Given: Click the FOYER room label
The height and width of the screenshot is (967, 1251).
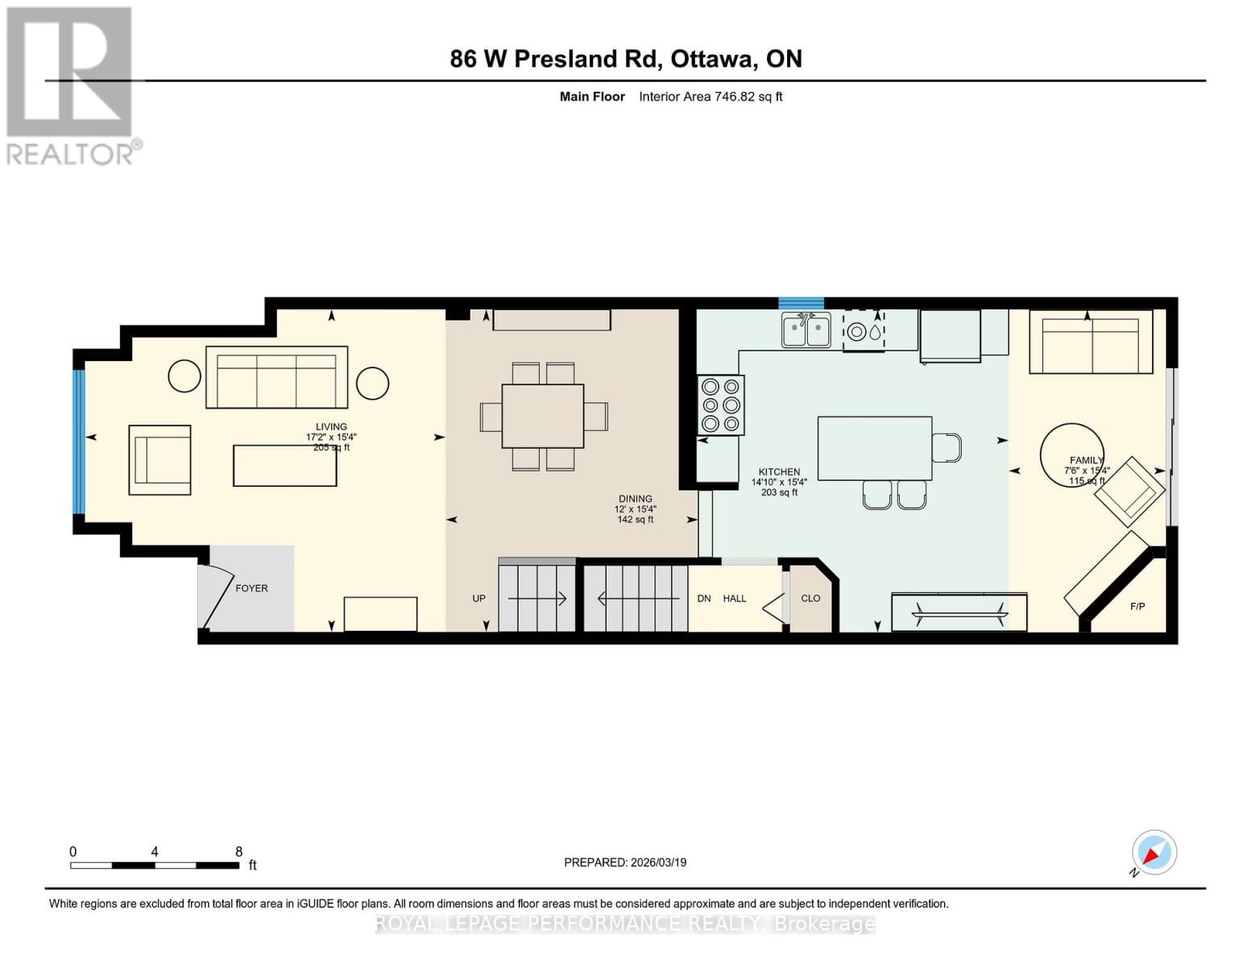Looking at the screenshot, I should tap(251, 588).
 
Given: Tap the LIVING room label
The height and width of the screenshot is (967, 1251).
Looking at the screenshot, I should tap(331, 426).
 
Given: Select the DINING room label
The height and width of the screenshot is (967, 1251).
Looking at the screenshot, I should tap(636, 499).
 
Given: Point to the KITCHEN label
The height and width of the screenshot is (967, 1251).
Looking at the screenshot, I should tap(779, 471).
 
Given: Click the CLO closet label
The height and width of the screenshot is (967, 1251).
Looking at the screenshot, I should tap(810, 598).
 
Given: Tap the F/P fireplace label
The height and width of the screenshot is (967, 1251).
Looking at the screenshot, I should tap(1137, 606).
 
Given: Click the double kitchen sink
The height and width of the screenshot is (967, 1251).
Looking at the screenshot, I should tap(806, 330).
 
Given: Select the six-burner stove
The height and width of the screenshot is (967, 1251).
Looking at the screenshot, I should tap(721, 405).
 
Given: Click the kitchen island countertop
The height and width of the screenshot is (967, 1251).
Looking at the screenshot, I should tap(874, 448).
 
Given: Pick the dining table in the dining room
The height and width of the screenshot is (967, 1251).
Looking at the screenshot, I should tap(543, 416).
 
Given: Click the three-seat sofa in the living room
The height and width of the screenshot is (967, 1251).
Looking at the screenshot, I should tap(276, 377).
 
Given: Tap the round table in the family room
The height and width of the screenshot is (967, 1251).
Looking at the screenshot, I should tap(1071, 455).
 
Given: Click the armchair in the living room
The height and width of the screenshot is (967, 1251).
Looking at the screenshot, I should tap(159, 459).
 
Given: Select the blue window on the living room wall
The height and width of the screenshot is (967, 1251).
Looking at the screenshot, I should tap(79, 441).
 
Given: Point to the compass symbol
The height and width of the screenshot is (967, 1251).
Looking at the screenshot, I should tap(1154, 853).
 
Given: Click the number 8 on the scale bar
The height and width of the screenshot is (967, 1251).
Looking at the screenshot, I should tap(238, 851).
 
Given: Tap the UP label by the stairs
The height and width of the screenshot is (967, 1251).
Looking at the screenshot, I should tap(478, 598).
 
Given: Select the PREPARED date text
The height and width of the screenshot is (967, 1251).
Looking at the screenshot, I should tap(625, 862).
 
